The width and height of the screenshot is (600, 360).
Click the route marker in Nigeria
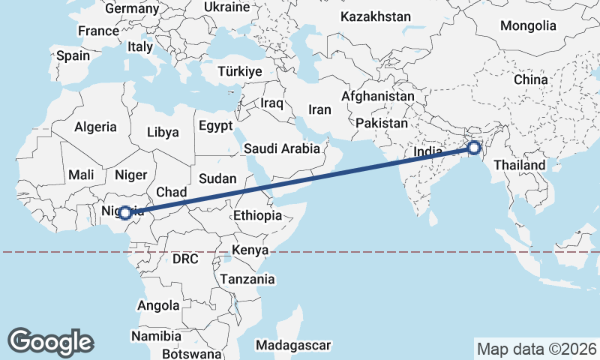tap(125, 213)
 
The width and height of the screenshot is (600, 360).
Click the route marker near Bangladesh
tap(474, 148)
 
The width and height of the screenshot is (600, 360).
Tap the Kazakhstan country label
tap(375, 16)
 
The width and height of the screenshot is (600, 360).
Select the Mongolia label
tap(529, 25)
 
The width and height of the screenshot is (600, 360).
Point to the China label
tap(531, 79)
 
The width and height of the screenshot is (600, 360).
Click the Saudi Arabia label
tap(282, 149)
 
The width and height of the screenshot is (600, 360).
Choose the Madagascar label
tap(293, 345)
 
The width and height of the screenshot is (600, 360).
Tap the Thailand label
tap(525, 165)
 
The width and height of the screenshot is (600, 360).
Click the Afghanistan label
tap(378, 97)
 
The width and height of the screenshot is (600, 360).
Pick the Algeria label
tap(95, 127)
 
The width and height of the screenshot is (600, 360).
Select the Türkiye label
tap(238, 72)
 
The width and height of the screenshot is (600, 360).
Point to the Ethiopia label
tap(257, 215)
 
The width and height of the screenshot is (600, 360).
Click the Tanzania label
tap(248, 279)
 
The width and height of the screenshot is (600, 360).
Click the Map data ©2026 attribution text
tap(537, 349)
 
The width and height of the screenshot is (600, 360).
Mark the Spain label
tap(73, 55)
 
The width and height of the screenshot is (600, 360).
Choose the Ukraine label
tap(226, 7)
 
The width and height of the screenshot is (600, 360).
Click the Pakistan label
tap(382, 123)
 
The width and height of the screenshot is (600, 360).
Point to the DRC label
tap(184, 259)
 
